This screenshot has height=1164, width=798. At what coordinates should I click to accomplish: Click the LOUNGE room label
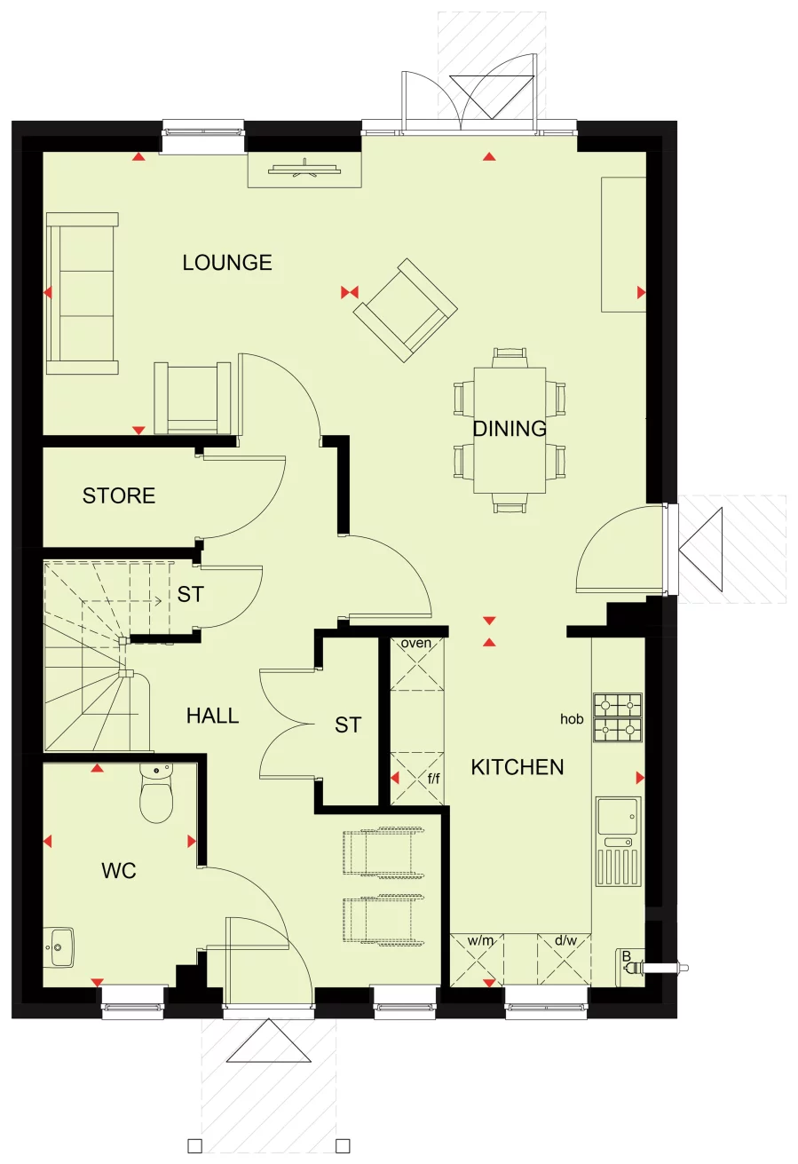pyautogui.click(x=227, y=263)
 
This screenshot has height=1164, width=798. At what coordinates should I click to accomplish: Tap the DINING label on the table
pyautogui.click(x=509, y=429)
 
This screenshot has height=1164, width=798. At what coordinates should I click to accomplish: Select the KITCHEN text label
pyautogui.click(x=517, y=767)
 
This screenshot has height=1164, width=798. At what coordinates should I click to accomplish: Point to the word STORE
pyautogui.click(x=119, y=495)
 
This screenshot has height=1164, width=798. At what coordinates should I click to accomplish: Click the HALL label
pyautogui.click(x=212, y=716)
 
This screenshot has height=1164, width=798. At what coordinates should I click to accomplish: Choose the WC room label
pyautogui.click(x=119, y=871)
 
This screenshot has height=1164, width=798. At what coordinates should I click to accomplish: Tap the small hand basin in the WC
pyautogui.click(x=59, y=947)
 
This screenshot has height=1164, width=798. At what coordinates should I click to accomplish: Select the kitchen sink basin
pyautogui.click(x=618, y=812)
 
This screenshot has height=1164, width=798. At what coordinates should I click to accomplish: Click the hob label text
pyautogui.click(x=572, y=719)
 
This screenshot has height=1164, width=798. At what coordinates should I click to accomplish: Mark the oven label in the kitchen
pyautogui.click(x=415, y=643)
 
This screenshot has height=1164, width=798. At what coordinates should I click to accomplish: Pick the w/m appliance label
pyautogui.click(x=479, y=940)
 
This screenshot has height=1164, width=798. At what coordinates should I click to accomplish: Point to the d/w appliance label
pyautogui.click(x=565, y=940)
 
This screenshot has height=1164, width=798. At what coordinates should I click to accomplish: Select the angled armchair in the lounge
pyautogui.click(x=406, y=310)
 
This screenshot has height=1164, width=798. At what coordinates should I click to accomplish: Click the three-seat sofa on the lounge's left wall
pyautogui.click(x=82, y=293)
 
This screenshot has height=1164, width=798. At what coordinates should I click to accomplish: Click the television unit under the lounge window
pyautogui.click(x=304, y=169)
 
